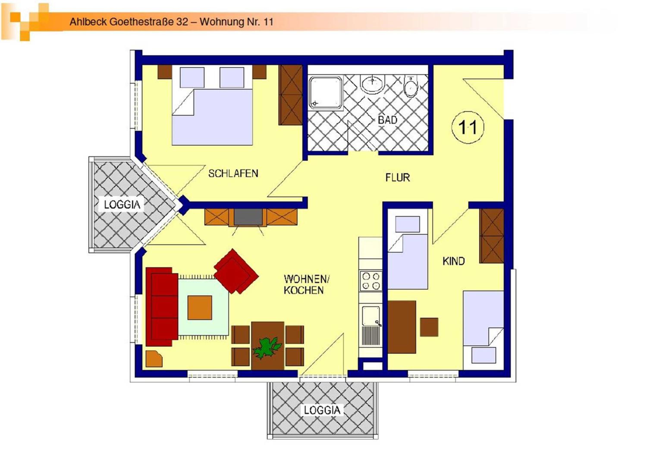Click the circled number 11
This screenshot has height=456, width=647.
tap(468, 127)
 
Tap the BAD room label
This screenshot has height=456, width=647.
tap(388, 120)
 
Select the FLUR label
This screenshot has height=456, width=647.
tap(398, 178)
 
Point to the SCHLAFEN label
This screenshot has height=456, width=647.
tap(233, 173)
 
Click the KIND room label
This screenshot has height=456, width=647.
tap(454, 261)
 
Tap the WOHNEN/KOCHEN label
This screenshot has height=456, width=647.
tap(307, 284)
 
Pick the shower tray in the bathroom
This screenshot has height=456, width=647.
tap(326, 93)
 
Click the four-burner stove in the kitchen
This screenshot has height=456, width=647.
tap(371, 281)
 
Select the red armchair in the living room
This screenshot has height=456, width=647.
tap(236, 271)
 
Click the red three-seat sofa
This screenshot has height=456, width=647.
tap(162, 307)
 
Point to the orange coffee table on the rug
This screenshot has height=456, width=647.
tap(200, 308)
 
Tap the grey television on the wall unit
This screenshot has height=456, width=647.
tap(248, 217)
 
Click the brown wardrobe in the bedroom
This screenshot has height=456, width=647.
tap(291, 95)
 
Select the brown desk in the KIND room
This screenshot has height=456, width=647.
tap(402, 327)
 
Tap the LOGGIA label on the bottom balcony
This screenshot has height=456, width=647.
tap(322, 410)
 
